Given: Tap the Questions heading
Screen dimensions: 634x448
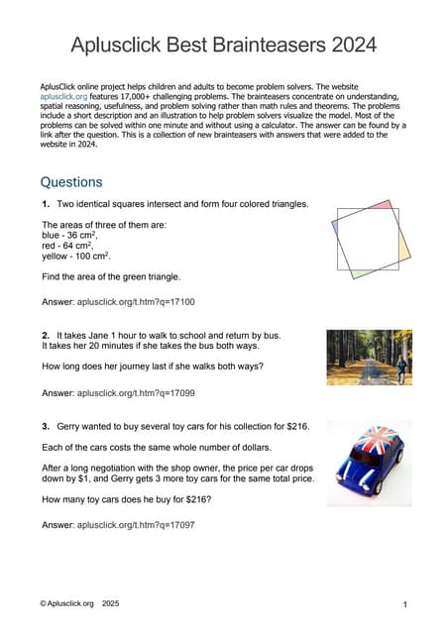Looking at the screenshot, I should [x=71, y=182].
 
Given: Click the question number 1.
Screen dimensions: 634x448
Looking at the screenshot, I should [x=46, y=204].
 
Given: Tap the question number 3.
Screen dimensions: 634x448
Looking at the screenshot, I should [x=46, y=427].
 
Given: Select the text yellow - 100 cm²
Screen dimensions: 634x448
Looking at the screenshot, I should [x=75, y=256].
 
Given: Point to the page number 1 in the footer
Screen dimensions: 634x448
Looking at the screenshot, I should [x=406, y=603].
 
